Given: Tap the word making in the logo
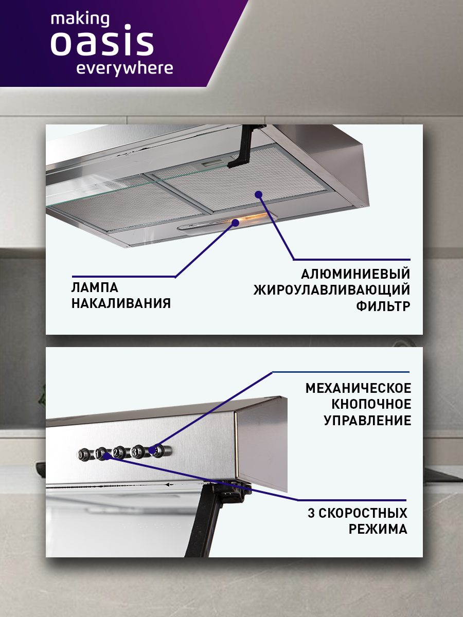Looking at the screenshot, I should (x=80, y=20).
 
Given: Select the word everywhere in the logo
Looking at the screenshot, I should (x=124, y=68).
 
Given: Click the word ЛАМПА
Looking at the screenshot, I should (x=95, y=287).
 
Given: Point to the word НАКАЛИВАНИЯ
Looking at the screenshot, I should (x=121, y=303).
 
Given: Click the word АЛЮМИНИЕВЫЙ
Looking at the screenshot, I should (x=355, y=273).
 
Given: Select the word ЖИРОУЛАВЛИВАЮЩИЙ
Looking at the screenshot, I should (x=332, y=289).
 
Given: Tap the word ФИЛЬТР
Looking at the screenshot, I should (x=383, y=306).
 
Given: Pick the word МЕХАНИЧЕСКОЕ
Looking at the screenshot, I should (x=358, y=388).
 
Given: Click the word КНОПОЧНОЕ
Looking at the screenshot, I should (x=371, y=404).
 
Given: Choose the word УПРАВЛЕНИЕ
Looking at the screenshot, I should (x=367, y=421).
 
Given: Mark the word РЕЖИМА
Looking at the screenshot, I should (x=378, y=529).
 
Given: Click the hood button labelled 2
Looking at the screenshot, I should (x=118, y=452).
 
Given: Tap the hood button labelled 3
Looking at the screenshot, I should (x=137, y=452).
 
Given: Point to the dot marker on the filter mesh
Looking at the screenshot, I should (x=258, y=194).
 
